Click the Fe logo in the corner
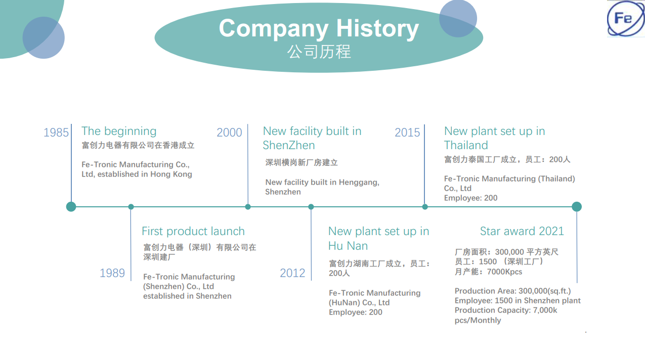[625, 18]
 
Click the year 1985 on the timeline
[56, 132]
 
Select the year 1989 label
[112, 273]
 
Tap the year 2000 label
[229, 132]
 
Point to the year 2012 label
[292, 273]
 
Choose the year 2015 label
[407, 132]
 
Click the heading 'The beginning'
[119, 131]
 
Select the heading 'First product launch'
[193, 232]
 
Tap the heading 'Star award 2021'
[522, 232]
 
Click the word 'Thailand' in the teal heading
[466, 145]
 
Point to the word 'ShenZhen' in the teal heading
[289, 145]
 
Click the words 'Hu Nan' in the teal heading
[348, 246]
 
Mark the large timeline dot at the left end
[71, 207]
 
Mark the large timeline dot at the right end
[577, 207]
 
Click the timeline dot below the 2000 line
[248, 207]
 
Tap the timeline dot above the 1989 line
[131, 207]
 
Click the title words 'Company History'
[319, 28]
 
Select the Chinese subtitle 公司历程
[319, 52]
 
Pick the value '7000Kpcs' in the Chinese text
[504, 272]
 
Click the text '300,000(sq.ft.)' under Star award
[544, 291]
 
